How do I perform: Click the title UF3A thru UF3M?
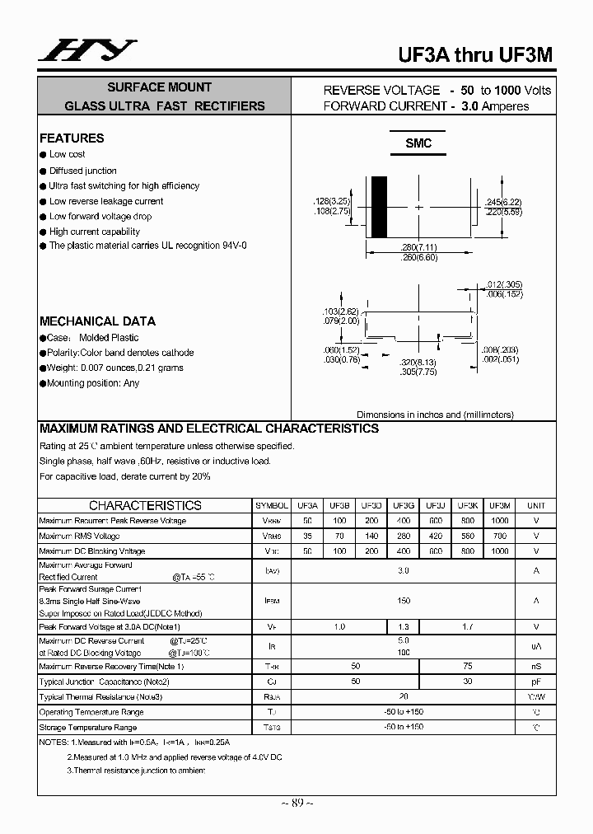[475, 54]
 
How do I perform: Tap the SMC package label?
[418, 143]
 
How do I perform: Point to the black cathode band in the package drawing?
[379, 206]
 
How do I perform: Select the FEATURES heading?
[72, 138]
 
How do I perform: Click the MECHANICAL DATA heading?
[97, 321]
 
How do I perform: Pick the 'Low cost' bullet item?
[67, 154]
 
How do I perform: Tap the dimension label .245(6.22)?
[503, 202]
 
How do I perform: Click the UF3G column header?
[404, 505]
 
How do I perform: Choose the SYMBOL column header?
[272, 505]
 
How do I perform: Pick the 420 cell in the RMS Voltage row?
[436, 536]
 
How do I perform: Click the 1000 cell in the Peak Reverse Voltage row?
[499, 521]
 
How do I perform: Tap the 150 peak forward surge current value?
[404, 601]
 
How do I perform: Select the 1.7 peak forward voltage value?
[467, 627]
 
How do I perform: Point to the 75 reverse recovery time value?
[467, 666]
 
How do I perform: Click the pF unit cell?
[535, 682]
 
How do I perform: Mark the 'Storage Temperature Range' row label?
[88, 728]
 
